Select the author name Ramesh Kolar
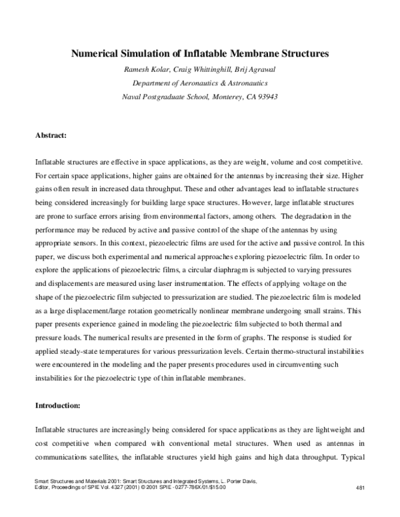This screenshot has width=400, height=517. [x=146, y=69]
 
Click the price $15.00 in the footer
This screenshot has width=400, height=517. [x=214, y=488]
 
